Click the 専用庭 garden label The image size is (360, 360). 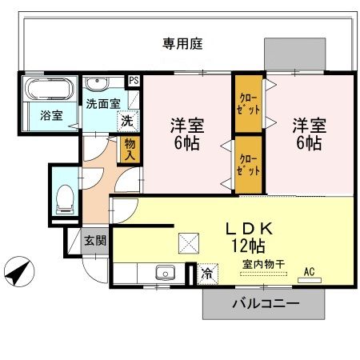pos(183,44)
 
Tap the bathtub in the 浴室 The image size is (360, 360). pos(48,87)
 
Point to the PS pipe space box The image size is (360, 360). pos(134,81)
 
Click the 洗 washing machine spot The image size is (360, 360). pos(126,121)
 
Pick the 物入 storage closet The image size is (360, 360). pos(129,150)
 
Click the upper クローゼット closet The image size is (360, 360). pos(248,103)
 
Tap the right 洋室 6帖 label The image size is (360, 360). pos(306,134)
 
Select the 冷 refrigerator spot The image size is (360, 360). pos(206,274)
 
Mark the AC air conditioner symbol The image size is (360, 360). pos(308,272)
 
